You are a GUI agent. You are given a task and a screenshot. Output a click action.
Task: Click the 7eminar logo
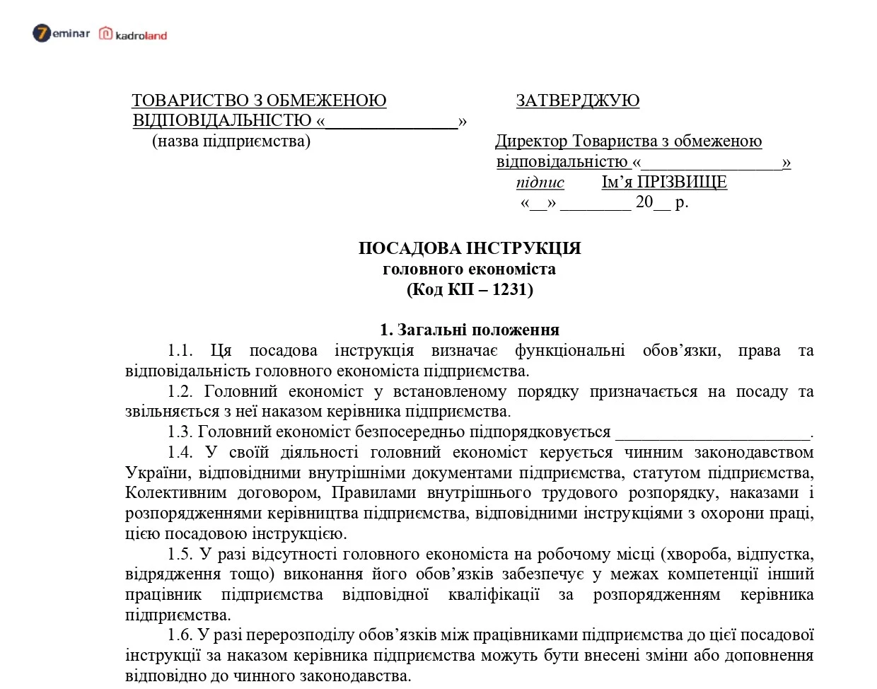61,33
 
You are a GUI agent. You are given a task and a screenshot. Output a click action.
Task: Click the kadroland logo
133,34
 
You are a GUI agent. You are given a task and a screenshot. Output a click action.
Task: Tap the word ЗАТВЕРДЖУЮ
577,100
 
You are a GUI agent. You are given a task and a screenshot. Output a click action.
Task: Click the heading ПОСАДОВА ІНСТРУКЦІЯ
470,248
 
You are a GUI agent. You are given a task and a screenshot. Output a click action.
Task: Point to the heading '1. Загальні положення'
470,330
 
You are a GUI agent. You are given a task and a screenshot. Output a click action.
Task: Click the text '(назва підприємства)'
231,141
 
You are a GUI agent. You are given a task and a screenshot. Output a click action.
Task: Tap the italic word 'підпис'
540,183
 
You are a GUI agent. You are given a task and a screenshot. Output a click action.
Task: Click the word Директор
531,141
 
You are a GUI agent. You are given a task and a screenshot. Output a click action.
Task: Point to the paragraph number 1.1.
180,351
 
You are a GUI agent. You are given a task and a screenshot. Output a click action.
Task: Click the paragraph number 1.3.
180,432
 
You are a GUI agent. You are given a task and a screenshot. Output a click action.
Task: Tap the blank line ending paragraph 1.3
712,434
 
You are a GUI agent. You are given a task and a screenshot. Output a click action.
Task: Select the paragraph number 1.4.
180,453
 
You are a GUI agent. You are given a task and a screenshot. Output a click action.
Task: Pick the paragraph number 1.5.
180,555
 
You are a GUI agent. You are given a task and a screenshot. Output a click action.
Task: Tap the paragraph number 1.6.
180,636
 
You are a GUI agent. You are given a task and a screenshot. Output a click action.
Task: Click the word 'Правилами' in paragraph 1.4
376,493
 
